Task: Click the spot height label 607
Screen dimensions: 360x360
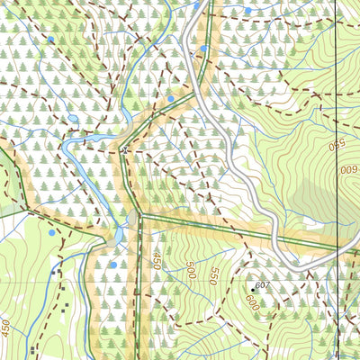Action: (x=263, y=285)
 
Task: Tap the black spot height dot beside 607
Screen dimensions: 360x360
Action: (x=251, y=289)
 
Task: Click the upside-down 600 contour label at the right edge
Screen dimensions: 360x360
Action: (x=348, y=168)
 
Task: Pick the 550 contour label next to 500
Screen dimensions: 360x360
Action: (x=213, y=277)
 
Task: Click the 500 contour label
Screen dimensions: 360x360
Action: (x=190, y=269)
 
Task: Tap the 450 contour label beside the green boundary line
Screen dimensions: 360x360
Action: (x=156, y=261)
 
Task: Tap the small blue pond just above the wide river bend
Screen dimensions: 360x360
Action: (x=73, y=118)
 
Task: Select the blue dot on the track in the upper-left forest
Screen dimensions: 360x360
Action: (x=51, y=40)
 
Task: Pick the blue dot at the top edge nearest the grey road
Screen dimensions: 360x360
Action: (x=196, y=5)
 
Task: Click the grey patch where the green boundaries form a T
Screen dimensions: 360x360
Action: (x=134, y=218)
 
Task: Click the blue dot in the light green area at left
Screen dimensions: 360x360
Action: (x=52, y=232)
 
